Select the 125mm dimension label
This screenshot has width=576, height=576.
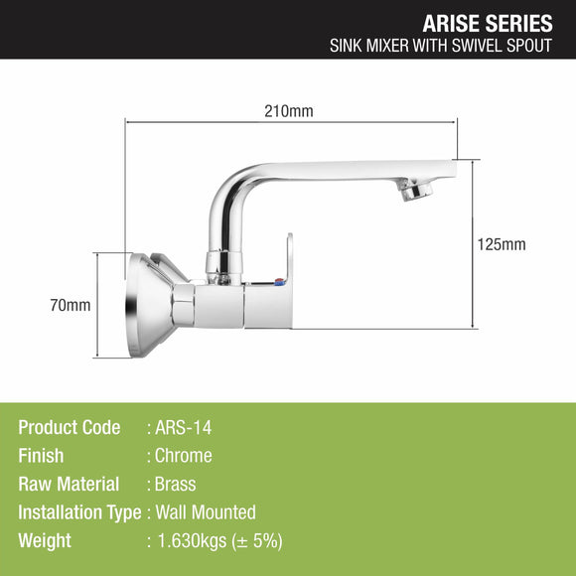(502, 244)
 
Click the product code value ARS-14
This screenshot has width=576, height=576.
(183, 428)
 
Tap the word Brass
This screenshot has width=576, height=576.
(175, 485)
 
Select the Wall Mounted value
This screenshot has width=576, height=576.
(205, 512)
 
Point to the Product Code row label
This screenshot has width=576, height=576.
(70, 428)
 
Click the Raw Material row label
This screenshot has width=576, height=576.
(70, 485)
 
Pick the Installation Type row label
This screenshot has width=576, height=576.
(79, 512)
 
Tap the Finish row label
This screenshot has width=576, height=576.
(41, 456)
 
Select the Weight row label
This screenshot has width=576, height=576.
(45, 541)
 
